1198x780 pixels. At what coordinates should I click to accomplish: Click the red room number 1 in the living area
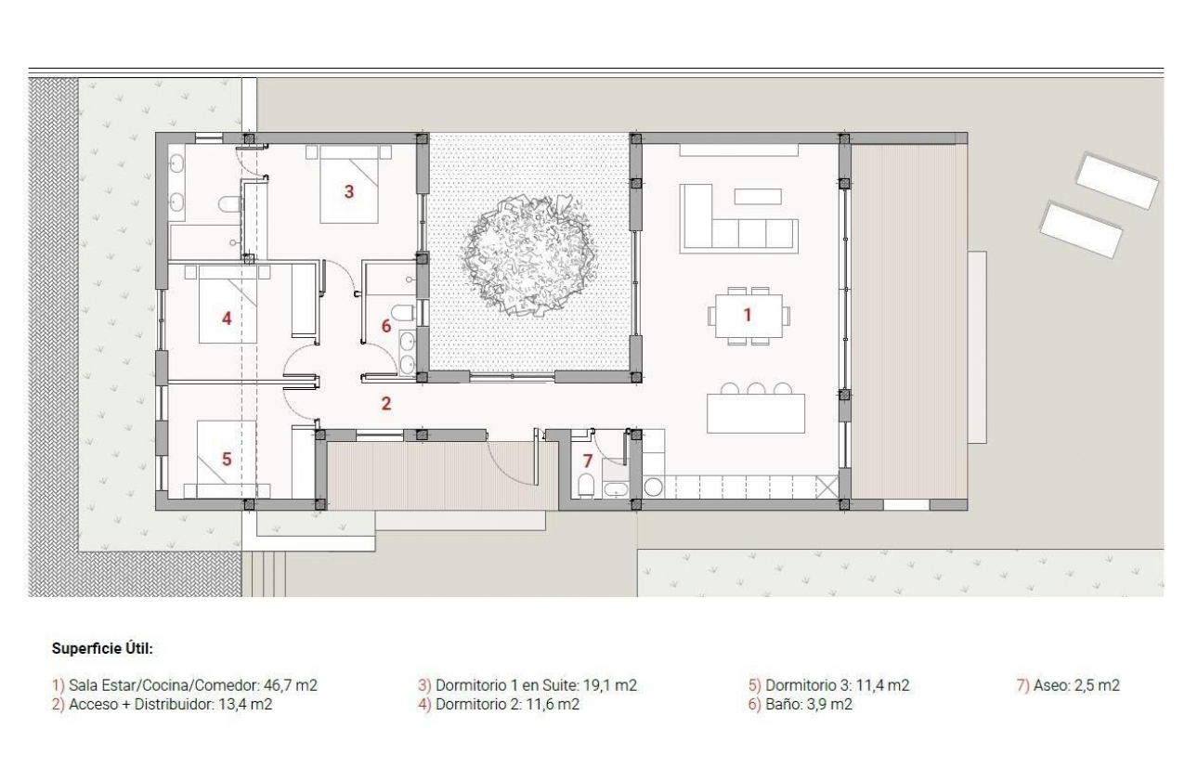pos(747,315)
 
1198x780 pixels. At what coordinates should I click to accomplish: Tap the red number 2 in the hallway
pos(385,403)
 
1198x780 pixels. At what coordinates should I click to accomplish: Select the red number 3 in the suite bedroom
pos(348,192)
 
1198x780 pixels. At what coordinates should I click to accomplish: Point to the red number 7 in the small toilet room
pos(586,460)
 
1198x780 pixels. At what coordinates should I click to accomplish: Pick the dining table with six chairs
pos(749,316)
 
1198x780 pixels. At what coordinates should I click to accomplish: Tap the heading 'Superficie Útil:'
pos(102,648)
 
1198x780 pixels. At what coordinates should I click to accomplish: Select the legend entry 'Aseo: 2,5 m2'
pos(1069,686)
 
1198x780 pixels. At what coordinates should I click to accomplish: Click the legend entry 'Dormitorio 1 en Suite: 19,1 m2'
pos(527,686)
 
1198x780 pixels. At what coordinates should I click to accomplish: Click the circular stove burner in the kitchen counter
pos(652,486)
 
